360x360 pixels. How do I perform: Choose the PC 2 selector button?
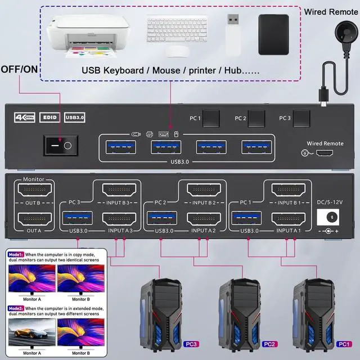(x=256, y=119)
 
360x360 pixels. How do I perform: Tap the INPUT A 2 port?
(x=202, y=218)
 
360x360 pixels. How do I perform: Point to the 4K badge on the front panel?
(x=23, y=118)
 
